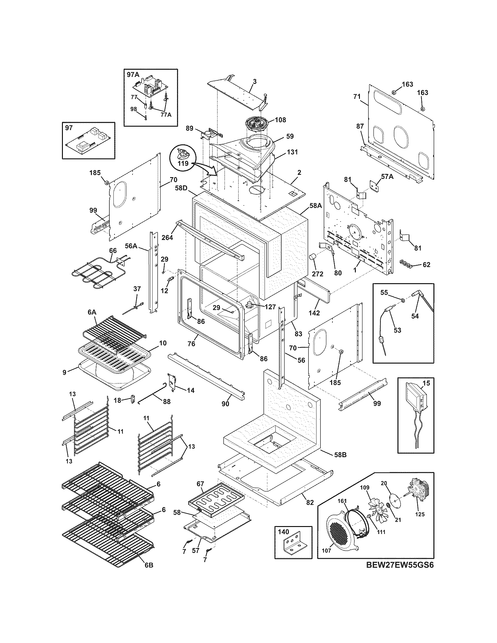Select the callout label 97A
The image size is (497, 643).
pyautogui.click(x=133, y=75)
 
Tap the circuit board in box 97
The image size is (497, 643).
pyautogui.click(x=88, y=140)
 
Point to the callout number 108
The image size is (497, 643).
pyautogui.click(x=280, y=120)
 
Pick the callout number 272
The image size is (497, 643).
pyautogui.click(x=317, y=274)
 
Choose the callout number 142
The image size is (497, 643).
pyautogui.click(x=314, y=313)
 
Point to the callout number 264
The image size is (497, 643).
pyautogui.click(x=167, y=237)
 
